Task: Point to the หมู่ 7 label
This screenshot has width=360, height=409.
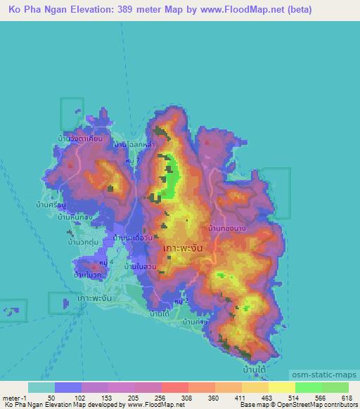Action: point(144,161)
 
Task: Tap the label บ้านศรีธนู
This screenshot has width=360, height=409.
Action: point(51,205)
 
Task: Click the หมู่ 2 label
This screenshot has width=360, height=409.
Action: point(181,301)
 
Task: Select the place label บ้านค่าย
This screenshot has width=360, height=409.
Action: point(194,322)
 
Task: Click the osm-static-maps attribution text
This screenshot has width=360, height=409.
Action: point(328,374)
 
